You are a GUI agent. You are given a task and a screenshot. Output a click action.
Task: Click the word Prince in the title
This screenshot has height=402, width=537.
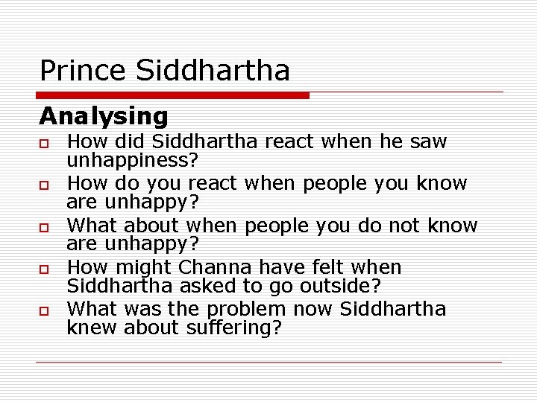[84, 71]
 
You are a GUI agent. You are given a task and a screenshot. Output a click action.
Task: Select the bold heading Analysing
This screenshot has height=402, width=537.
[104, 116]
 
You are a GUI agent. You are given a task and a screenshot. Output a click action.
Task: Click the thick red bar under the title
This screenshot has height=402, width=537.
[173, 95]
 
